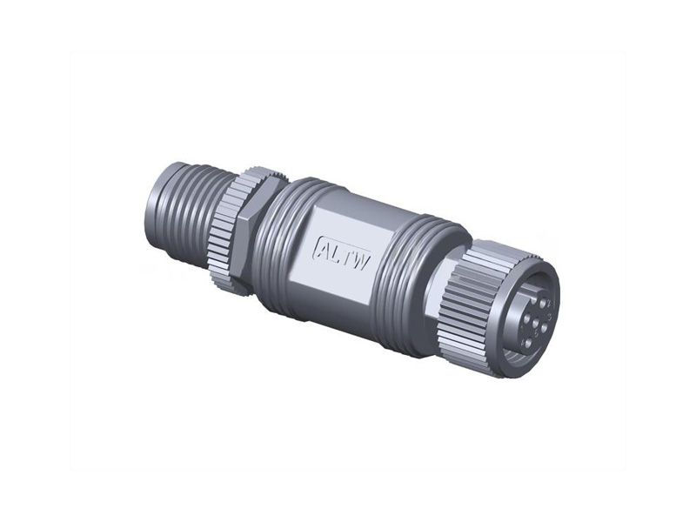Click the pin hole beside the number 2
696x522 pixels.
(x=542, y=304)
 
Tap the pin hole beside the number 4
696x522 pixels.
(x=528, y=343)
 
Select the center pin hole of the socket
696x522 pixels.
(x=535, y=323)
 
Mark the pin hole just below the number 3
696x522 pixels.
(x=545, y=328)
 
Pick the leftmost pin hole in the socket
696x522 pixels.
(x=526, y=318)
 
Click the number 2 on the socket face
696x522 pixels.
(x=549, y=303)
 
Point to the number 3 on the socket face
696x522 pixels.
(x=551, y=317)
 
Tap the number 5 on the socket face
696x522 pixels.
(x=537, y=333)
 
